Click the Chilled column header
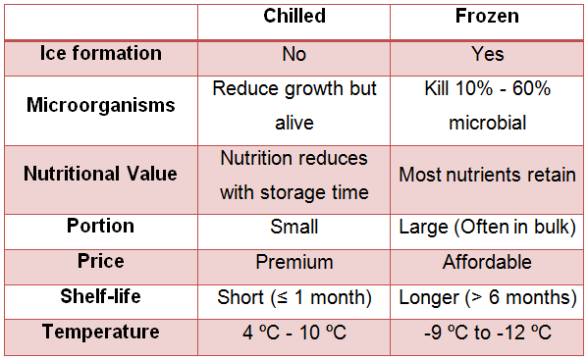point(294,18)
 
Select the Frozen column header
point(487,18)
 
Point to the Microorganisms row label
point(100,104)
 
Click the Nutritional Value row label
point(100,174)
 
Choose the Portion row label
point(100,226)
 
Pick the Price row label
point(100,262)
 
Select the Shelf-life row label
point(100,296)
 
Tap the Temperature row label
point(100,332)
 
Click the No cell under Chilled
point(294,53)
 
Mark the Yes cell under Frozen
point(487,53)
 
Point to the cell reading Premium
point(294,263)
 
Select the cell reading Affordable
point(487,263)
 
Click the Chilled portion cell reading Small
point(294,227)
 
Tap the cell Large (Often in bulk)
point(487,227)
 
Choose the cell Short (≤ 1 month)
point(294,297)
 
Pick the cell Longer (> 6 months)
point(487,297)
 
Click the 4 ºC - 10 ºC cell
point(294,333)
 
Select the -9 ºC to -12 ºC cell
point(487,333)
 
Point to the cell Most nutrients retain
point(487,175)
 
